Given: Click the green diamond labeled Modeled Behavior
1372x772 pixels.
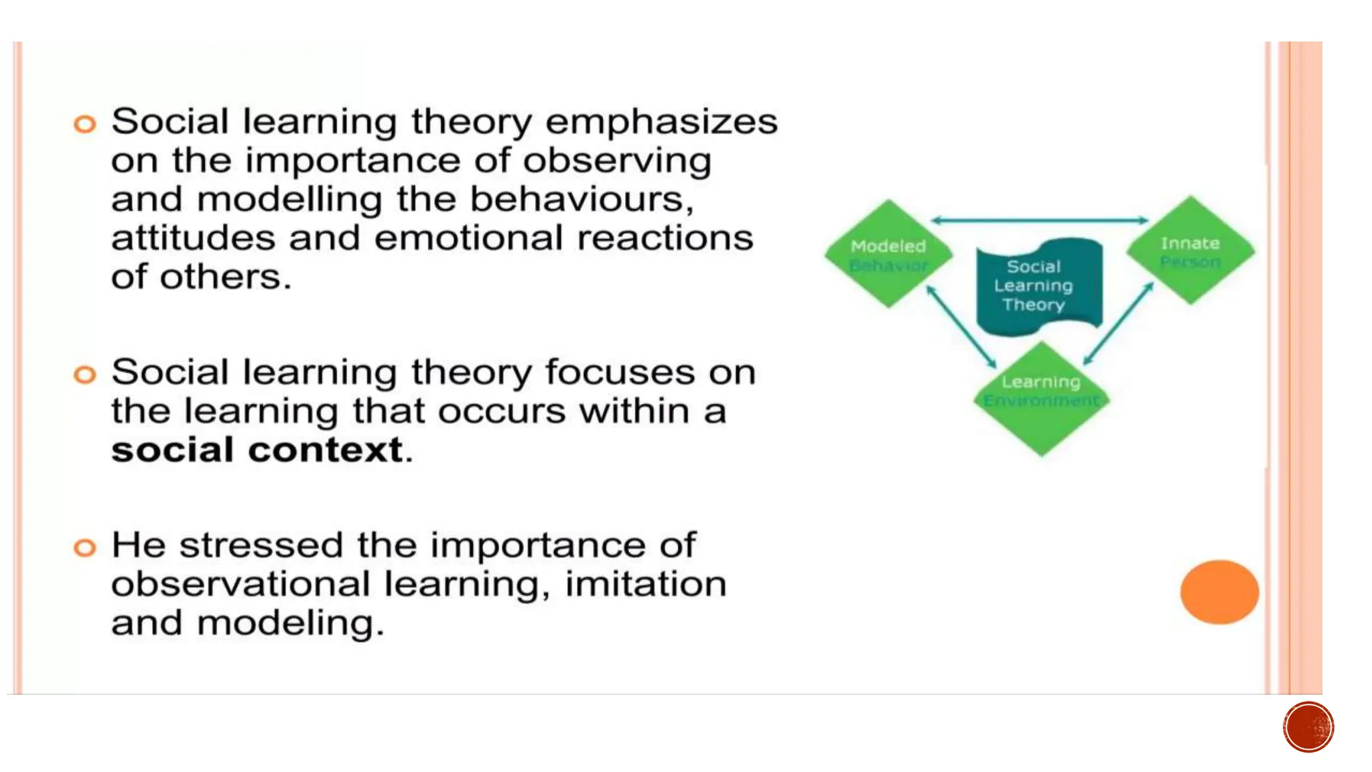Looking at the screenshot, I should click(888, 254).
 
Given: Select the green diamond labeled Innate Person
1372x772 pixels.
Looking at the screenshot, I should click(1190, 251).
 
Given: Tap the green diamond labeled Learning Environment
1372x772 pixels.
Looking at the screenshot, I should click(1041, 399).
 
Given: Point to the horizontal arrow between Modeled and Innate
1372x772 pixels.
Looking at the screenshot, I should click(1039, 220).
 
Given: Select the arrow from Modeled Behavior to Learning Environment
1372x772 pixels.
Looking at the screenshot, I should click(961, 327).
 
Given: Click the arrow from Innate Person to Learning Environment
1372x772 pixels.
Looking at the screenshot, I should click(1118, 324).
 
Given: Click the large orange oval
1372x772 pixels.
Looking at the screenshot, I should click(1219, 592).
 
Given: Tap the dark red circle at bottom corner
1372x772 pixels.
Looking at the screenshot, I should click(1308, 727).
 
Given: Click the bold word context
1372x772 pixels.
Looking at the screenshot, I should click(326, 450).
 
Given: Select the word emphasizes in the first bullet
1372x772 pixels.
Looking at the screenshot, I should click(661, 123).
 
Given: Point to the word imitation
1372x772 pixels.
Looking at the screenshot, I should click(645, 584).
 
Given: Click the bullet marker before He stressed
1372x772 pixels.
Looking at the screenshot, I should click(85, 548).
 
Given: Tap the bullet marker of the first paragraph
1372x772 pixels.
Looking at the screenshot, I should click(85, 124).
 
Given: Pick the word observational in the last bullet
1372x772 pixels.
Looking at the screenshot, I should click(241, 584).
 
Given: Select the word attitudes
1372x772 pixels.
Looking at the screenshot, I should click(193, 239).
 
